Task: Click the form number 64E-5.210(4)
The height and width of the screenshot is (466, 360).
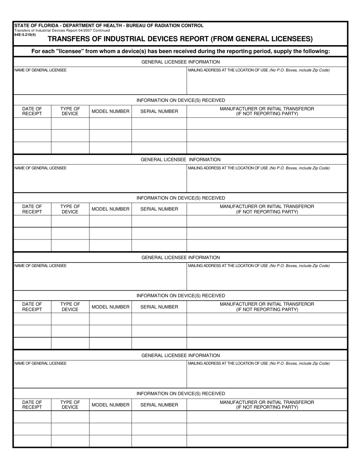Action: pyautogui.click(x=25, y=35)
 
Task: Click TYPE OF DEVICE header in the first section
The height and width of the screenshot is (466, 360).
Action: pyautogui.click(x=70, y=111)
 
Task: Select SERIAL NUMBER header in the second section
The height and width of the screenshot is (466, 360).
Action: pyautogui.click(x=159, y=209)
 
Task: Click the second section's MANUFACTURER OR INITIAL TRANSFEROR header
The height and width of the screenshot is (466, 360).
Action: pyautogui.click(x=267, y=209)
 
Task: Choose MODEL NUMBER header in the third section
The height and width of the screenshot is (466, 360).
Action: pyautogui.click(x=110, y=307)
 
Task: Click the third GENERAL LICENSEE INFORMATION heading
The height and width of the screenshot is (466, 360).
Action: pyautogui.click(x=180, y=258)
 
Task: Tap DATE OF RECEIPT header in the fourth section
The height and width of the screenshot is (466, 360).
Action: pyautogui.click(x=32, y=405)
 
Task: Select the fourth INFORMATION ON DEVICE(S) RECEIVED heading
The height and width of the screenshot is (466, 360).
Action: pyautogui.click(x=180, y=394)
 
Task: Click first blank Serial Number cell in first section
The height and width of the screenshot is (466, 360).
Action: pyautogui.click(x=159, y=124)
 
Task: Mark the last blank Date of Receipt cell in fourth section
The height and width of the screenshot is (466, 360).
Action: pyautogui.click(x=32, y=441)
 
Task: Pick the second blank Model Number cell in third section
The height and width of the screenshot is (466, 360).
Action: pyautogui.click(x=110, y=331)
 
